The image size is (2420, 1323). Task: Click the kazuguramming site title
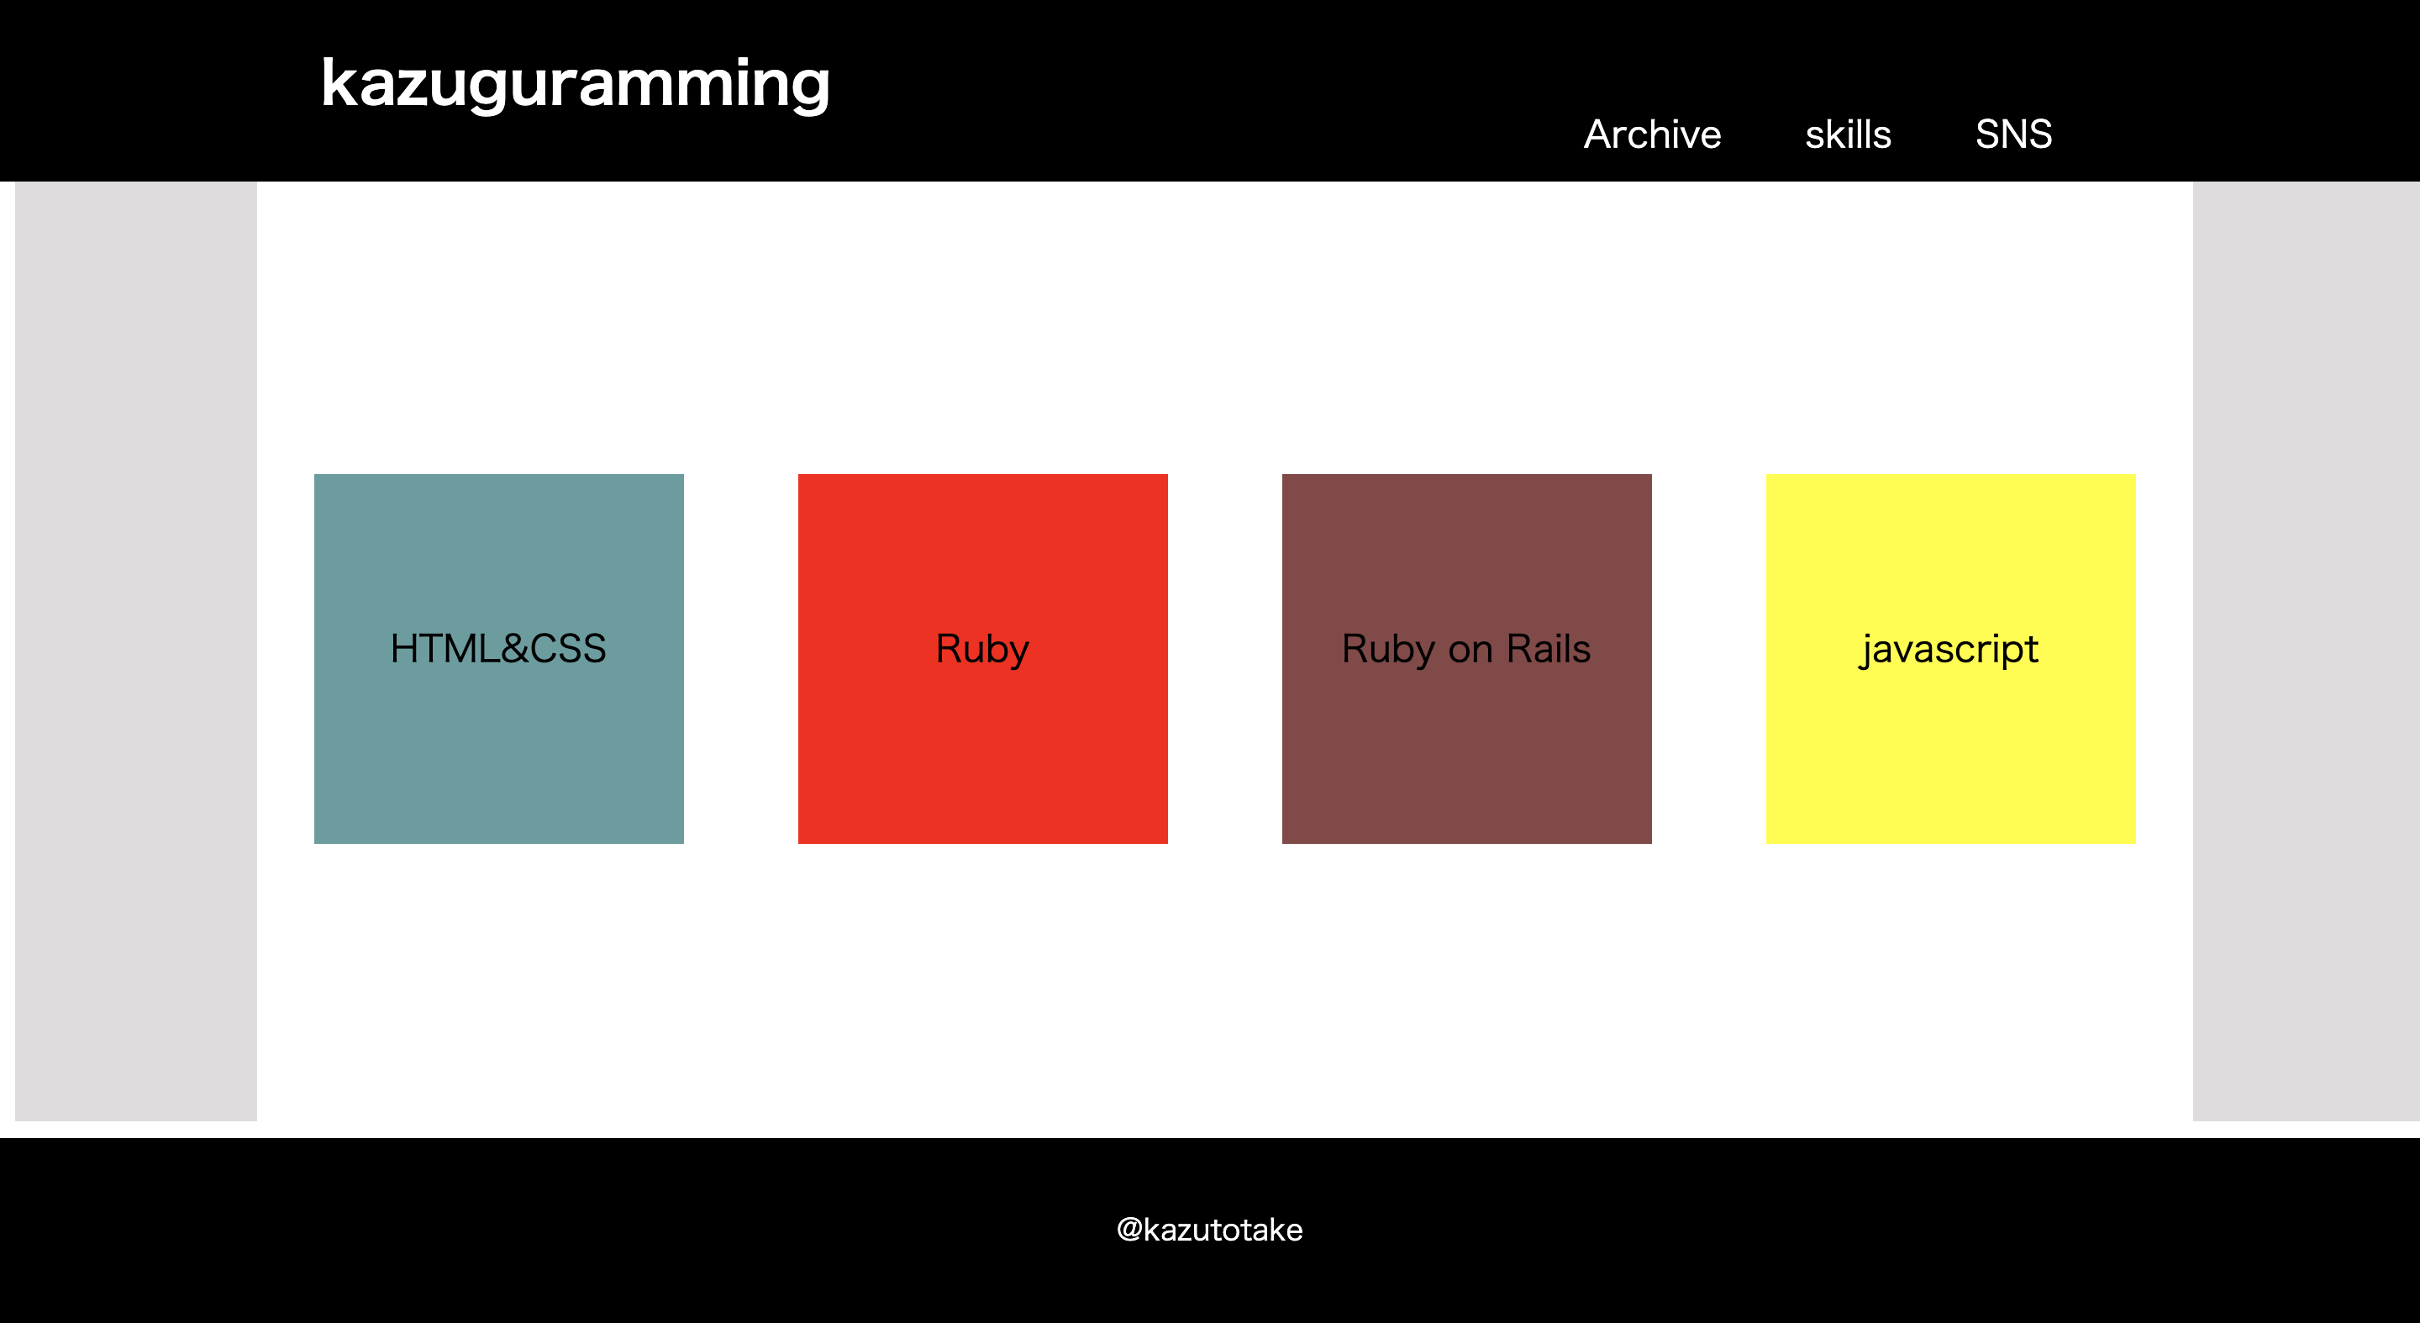point(575,85)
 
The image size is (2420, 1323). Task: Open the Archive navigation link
point(1653,134)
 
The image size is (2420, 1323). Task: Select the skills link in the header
point(1848,134)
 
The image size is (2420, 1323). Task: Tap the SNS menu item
point(2013,134)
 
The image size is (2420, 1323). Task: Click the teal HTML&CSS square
point(499,659)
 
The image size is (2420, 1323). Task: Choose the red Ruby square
point(982,659)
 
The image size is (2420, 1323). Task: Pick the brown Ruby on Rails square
point(1466,659)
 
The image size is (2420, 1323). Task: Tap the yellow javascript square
point(1950,659)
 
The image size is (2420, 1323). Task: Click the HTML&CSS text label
point(499,648)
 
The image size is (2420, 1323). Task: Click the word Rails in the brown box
point(1548,648)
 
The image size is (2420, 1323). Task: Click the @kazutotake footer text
point(1210,1230)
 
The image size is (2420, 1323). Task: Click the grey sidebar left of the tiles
point(136,651)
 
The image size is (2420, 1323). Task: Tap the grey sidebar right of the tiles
point(2307,651)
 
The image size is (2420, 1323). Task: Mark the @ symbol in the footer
point(1129,1230)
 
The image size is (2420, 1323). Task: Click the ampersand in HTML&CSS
point(515,648)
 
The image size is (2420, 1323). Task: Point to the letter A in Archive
point(1600,134)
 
